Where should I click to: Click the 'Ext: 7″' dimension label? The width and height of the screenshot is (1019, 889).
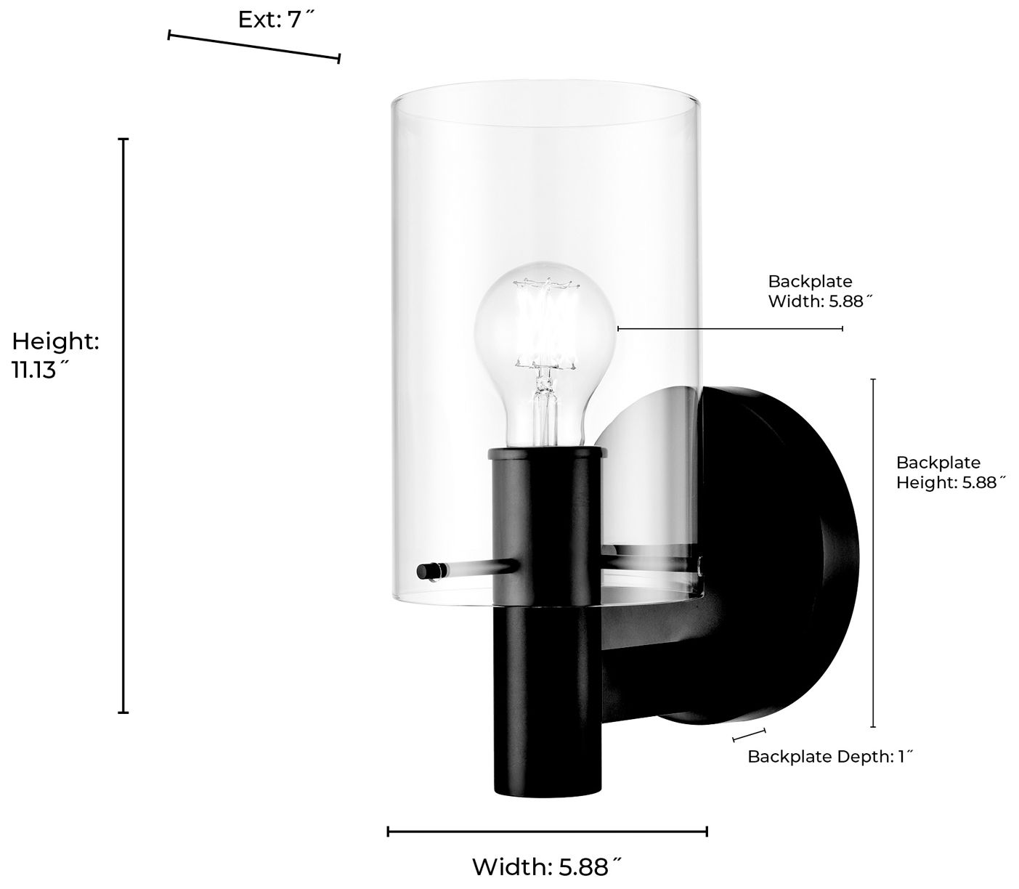tap(278, 20)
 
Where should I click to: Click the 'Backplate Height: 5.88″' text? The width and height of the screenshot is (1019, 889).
tap(950, 473)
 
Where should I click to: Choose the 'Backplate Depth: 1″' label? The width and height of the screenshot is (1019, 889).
tap(830, 757)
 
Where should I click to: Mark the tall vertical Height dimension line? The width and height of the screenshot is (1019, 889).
tap(123, 425)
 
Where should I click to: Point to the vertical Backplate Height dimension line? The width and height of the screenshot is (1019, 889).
tap(873, 552)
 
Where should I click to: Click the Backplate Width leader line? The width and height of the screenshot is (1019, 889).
tap(730, 329)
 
